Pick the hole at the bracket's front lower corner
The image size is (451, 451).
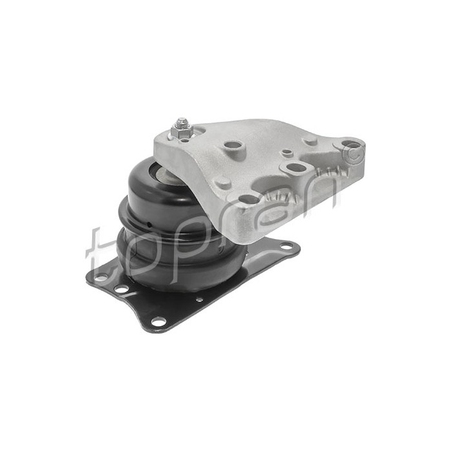click(x=249, y=200)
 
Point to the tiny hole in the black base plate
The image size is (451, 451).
click(x=200, y=299)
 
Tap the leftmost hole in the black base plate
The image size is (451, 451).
click(x=101, y=276)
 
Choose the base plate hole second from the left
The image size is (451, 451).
click(x=121, y=289)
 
